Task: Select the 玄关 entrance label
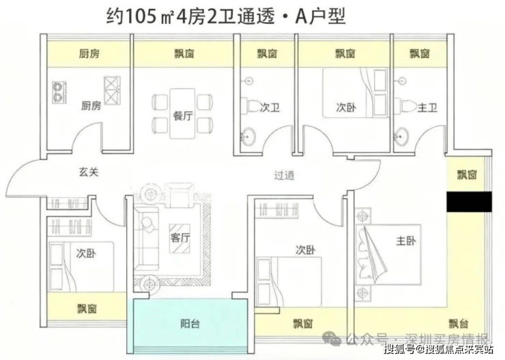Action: tap(88, 172)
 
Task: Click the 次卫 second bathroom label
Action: tap(270, 107)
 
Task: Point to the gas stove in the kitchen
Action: tap(61, 91)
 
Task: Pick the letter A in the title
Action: tap(302, 16)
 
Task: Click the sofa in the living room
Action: tap(146, 235)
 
